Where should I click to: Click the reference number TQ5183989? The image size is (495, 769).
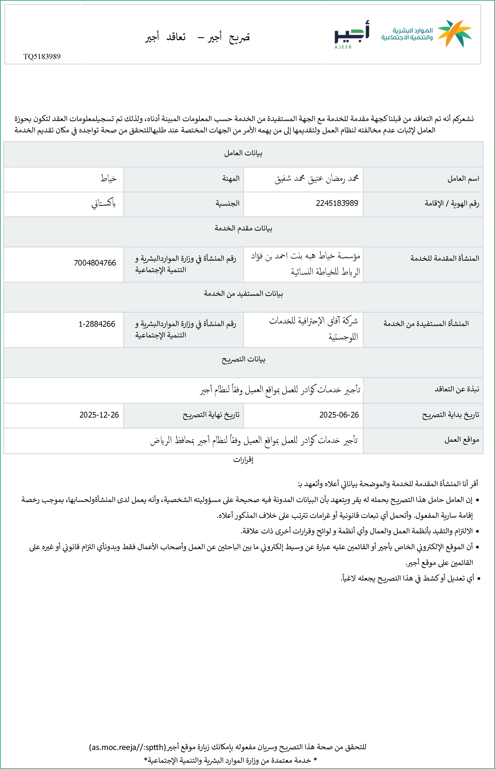(42, 56)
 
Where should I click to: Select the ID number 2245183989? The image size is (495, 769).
(337, 203)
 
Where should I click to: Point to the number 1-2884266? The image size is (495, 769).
(97, 324)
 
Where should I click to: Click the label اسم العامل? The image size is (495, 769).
(463, 179)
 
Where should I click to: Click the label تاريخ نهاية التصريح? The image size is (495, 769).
(211, 415)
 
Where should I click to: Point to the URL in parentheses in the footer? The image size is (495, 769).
(128, 747)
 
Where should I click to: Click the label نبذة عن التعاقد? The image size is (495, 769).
(457, 389)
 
